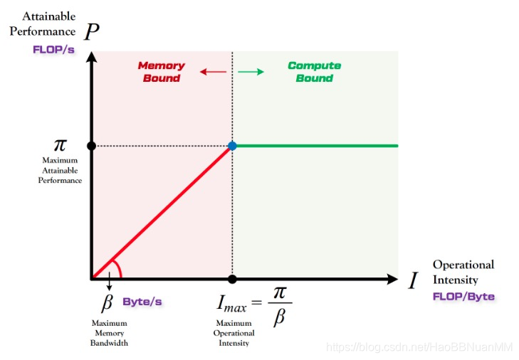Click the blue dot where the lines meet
pyautogui.click(x=232, y=146)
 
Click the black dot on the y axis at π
pyautogui.click(x=91, y=146)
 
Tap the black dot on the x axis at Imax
pyautogui.click(x=232, y=278)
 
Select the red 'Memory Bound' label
pyautogui.click(x=161, y=72)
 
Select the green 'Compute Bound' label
pyautogui.click(x=314, y=72)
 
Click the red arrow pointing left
pyautogui.click(x=209, y=72)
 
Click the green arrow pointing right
pyautogui.click(x=251, y=72)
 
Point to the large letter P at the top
pyautogui.click(x=90, y=32)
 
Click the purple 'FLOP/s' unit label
pyautogui.click(x=53, y=50)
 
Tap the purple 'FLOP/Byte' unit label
pyautogui.click(x=463, y=296)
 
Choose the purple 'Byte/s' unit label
pyautogui.click(x=142, y=302)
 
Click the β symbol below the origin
pyautogui.click(x=108, y=302)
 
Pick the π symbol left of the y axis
pyautogui.click(x=61, y=145)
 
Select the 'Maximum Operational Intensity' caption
pyautogui.click(x=233, y=333)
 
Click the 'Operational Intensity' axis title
pyautogui.click(x=463, y=271)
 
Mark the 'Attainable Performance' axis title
pyautogui.click(x=42, y=23)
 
